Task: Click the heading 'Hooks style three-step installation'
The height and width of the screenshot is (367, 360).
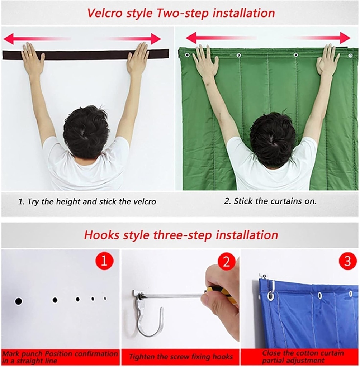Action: point(181,235)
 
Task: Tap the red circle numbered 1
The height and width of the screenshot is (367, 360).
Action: point(104,261)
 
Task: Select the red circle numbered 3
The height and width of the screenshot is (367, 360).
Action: point(347,261)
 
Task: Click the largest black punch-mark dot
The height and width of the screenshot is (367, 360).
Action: point(18,301)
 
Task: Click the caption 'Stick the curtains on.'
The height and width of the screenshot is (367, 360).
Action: point(270,201)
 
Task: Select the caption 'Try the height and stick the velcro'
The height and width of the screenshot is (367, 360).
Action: point(87,202)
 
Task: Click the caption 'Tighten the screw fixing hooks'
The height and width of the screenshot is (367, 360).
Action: point(181,357)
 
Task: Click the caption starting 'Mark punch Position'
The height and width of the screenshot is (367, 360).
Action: point(60,357)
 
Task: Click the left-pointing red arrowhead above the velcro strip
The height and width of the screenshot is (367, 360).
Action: point(9,38)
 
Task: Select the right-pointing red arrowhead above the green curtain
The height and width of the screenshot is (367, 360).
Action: point(345,38)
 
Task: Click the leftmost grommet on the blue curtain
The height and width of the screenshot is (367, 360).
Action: point(271,296)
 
